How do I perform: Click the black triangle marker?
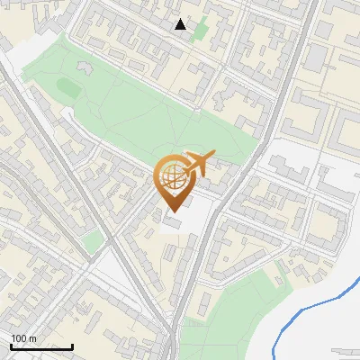point(181,24)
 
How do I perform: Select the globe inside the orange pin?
point(171,177)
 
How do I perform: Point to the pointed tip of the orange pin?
point(171,212)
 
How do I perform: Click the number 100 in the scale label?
point(18,338)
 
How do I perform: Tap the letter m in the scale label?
point(33,338)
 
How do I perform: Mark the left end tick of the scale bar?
point(11,346)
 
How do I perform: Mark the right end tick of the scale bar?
point(73,346)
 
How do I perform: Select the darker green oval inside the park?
point(68,86)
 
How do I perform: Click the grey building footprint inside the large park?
point(86,67)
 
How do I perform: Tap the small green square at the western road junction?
point(91,240)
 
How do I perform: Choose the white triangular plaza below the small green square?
point(108,265)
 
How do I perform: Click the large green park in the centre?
point(153,117)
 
